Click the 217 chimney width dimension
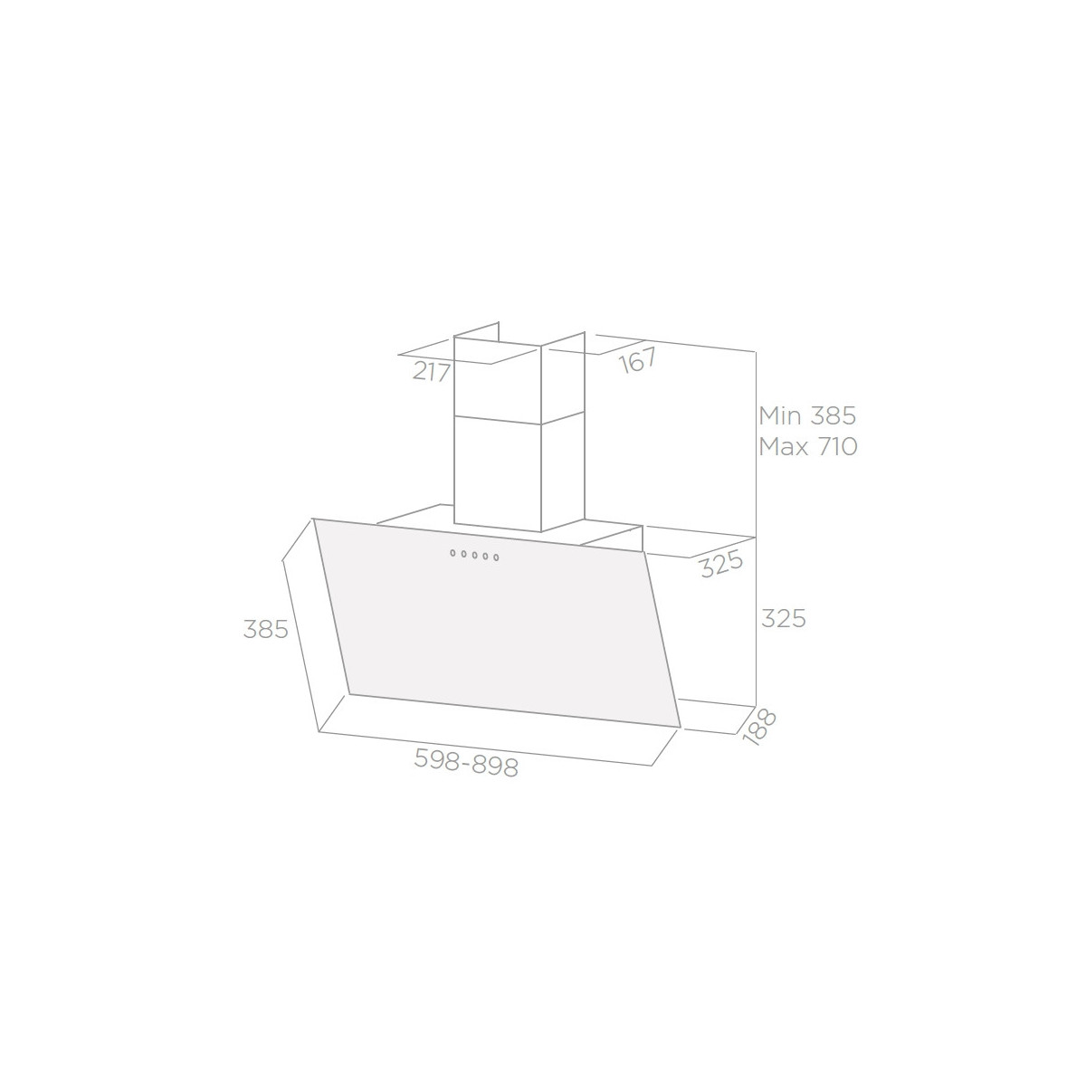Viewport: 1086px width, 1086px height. (431, 372)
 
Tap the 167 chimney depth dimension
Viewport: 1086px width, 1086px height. (638, 360)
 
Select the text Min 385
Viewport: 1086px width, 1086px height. (807, 416)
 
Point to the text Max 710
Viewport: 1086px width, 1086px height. (808, 446)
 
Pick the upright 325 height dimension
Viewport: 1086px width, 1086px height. (784, 618)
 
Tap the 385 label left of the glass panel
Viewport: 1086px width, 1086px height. (265, 628)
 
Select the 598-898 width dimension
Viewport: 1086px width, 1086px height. (466, 762)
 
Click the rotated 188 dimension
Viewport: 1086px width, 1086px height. (758, 728)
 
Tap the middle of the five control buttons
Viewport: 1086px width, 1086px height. (474, 555)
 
